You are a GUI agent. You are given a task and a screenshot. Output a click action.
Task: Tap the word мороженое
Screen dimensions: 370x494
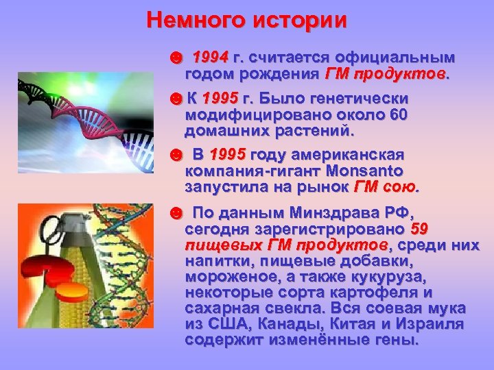click(x=230, y=276)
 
